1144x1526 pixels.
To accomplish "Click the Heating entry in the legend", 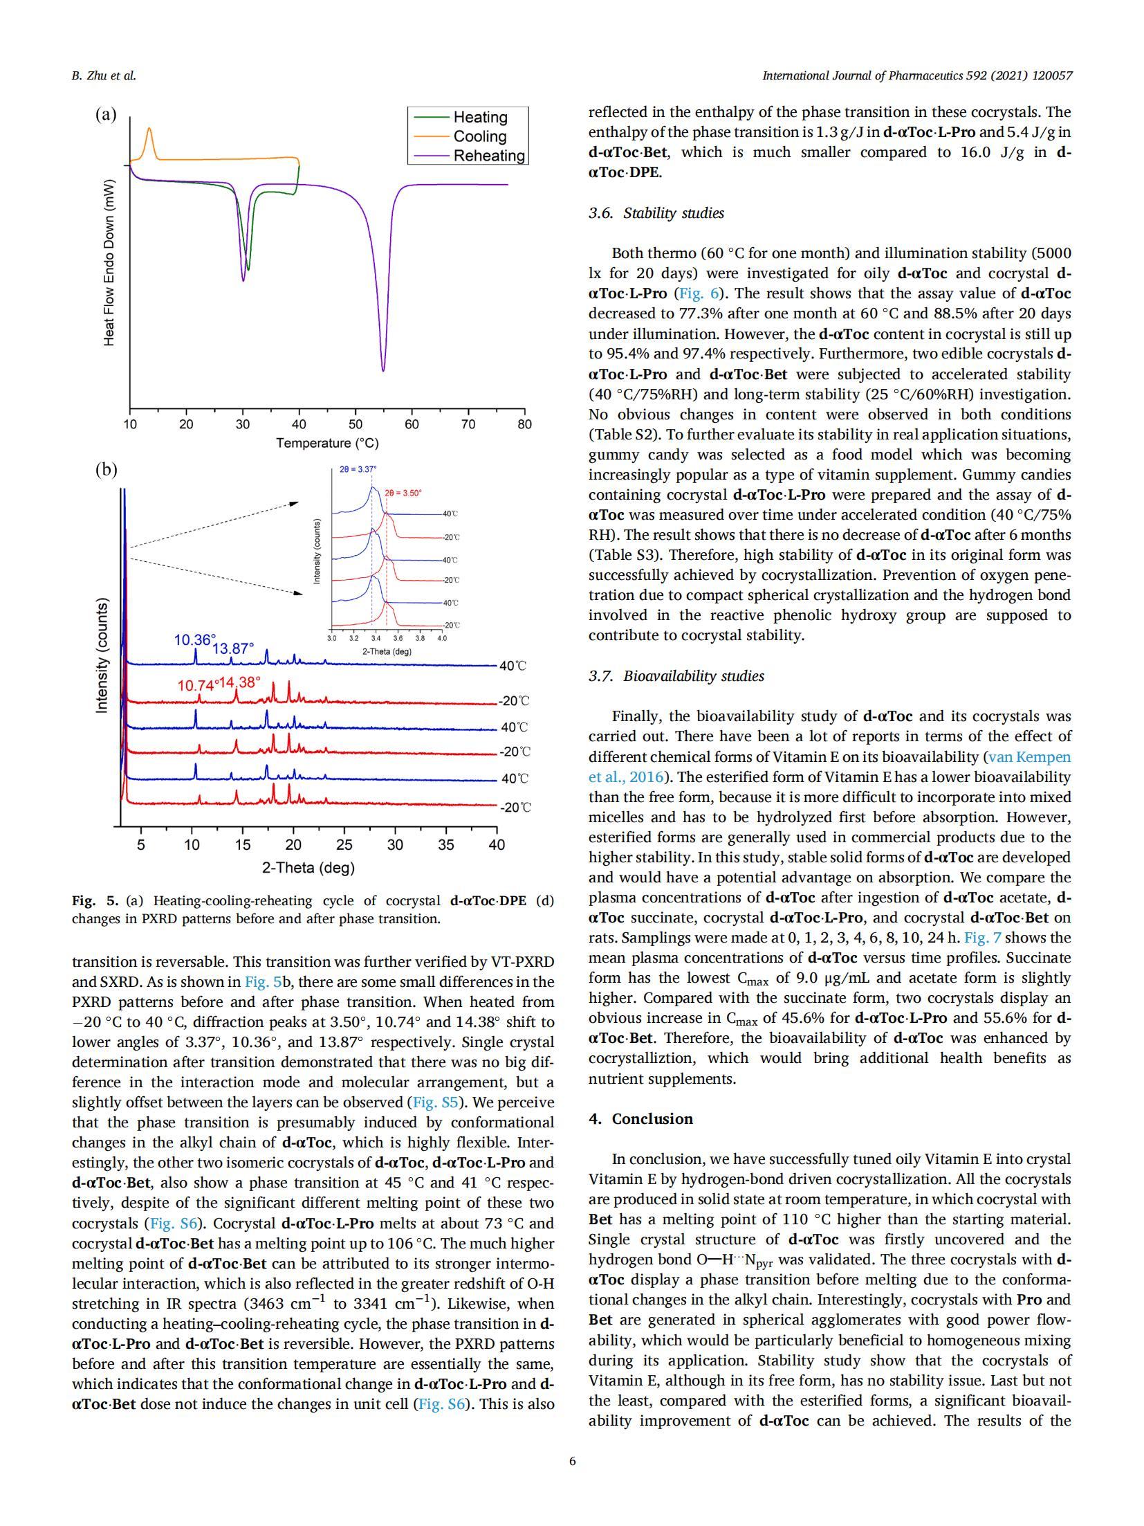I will click(x=479, y=117).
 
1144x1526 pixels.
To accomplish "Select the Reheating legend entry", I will click(x=488, y=156).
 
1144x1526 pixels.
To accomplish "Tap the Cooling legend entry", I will click(x=479, y=136).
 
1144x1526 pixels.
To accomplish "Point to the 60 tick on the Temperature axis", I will click(x=412, y=424).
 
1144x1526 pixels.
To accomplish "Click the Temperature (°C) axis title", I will click(x=327, y=443).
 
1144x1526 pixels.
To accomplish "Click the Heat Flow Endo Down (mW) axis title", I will click(x=109, y=262).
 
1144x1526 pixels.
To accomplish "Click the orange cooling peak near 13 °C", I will click(x=149, y=129).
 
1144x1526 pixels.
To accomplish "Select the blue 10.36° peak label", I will click(x=194, y=640).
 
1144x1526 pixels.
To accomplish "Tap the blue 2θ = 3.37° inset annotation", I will click(x=358, y=469).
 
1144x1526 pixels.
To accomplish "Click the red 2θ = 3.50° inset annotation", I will click(x=403, y=493).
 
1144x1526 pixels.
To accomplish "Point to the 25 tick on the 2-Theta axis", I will click(x=344, y=845).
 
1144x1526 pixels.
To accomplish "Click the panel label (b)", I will click(x=106, y=470).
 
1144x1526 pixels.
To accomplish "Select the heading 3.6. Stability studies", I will click(x=656, y=213).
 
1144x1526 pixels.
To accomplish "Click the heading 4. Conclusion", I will click(x=640, y=1119).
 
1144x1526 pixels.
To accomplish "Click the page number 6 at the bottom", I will click(x=572, y=1461).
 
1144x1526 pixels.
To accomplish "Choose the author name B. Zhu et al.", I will click(x=104, y=75).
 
